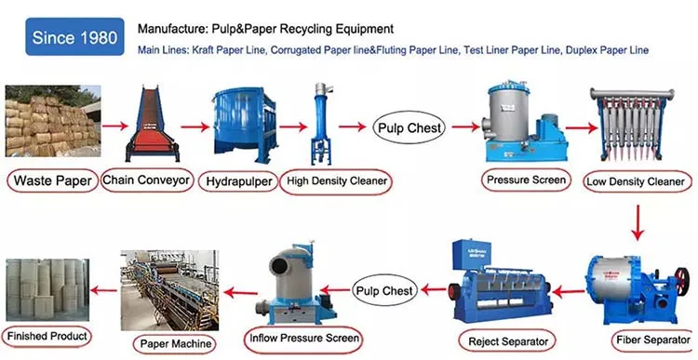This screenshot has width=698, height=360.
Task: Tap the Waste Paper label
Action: pyautogui.click(x=50, y=180)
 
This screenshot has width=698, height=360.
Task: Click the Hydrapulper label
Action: pyautogui.click(x=238, y=180)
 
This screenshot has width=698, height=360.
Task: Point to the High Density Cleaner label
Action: pyautogui.click(x=336, y=180)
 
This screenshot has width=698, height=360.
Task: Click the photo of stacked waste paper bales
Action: pyautogui.click(x=50, y=122)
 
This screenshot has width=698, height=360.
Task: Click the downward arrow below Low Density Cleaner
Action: pyautogui.click(x=638, y=221)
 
